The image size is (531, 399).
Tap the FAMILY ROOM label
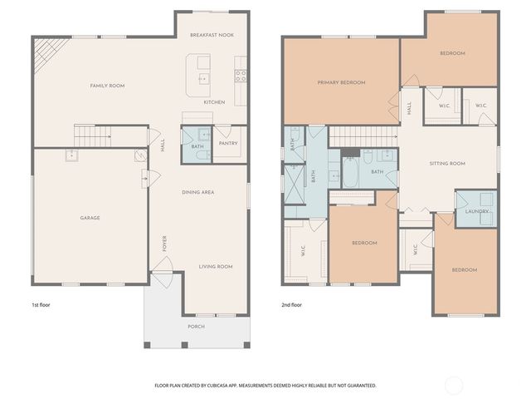tap(107, 86)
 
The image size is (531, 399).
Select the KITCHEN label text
tap(214, 102)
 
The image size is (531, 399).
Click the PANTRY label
tap(228, 143)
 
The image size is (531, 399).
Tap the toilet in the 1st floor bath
tap(205, 133)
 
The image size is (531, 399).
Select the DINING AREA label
tap(198, 192)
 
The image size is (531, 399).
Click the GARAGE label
tap(90, 218)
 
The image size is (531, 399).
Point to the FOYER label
tap(165, 243)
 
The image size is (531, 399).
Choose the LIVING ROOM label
tap(215, 267)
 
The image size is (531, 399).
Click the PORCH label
tap(196, 327)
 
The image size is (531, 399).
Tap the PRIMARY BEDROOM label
tap(341, 82)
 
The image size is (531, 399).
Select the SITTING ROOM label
tap(447, 164)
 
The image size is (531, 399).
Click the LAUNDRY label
tap(475, 211)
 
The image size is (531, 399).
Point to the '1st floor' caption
tap(41, 305)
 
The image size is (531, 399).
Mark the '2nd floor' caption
tap(291, 305)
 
